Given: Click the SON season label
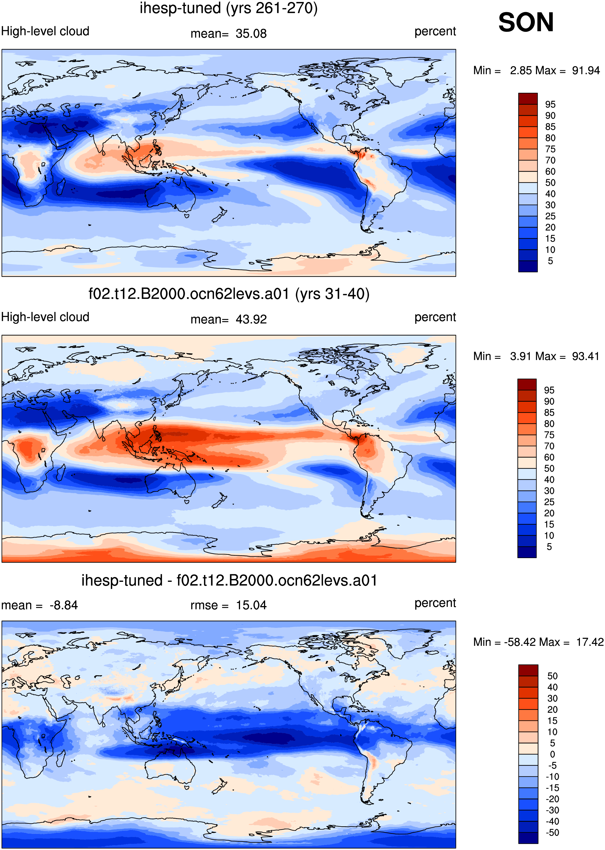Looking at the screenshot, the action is [526, 22].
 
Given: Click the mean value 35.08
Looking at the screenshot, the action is [251, 34].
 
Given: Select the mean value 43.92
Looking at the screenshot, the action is [251, 320].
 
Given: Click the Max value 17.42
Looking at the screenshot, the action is [590, 642].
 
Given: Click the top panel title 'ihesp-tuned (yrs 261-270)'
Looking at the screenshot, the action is [229, 8].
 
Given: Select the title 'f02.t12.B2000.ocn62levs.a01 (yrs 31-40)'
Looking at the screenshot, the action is [229, 294].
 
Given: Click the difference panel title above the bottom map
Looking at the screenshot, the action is [229, 580].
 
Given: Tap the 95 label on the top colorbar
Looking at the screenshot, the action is [550, 104].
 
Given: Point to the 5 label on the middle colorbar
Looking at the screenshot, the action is [549, 547].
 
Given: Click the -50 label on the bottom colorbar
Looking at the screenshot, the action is [553, 832].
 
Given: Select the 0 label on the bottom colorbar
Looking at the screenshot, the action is [553, 754].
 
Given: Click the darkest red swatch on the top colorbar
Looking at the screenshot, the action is [528, 99].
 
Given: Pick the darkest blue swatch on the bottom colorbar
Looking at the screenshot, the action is [528, 838].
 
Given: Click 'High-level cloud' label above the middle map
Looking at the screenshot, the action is [45, 317].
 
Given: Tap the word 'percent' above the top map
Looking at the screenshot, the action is [435, 31].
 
